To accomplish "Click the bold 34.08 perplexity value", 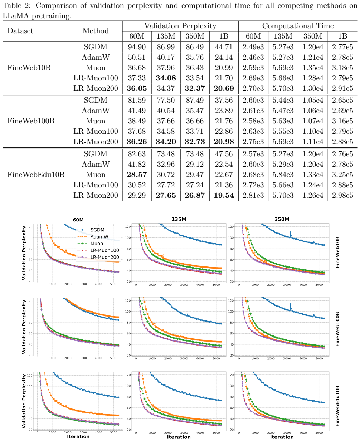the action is click(166, 78).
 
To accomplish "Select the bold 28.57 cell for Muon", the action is click(137, 175).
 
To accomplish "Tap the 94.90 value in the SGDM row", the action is click(137, 47).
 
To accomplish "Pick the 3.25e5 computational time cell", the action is click(342, 175).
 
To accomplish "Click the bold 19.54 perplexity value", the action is click(224, 195).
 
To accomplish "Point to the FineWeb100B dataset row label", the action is click(31, 121).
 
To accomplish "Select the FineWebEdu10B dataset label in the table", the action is click(36, 175).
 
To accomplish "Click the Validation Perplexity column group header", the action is click(180, 26).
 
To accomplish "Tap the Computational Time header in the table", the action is click(298, 26).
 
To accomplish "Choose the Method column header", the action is click(96, 31).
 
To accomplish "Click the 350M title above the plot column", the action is click(282, 219).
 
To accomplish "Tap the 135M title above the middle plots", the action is click(179, 219).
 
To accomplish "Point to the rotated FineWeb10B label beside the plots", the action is click(337, 252).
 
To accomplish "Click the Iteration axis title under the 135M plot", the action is click(179, 437).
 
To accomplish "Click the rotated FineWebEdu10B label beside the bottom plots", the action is click(337, 406).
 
